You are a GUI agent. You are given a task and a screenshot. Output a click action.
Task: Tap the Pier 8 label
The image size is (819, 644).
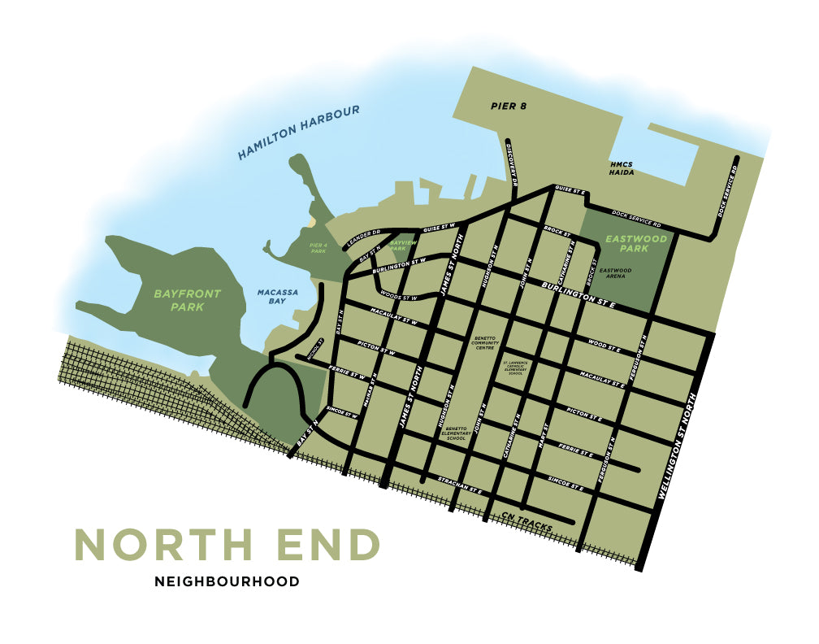tap(509, 106)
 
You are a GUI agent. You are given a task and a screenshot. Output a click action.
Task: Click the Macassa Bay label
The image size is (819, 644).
tap(272, 296)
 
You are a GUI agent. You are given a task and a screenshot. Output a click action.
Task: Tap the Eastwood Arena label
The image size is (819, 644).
tap(615, 274)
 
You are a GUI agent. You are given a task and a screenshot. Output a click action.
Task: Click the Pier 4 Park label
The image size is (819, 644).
tap(317, 247)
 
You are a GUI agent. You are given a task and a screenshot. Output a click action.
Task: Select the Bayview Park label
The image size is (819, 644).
tap(403, 245)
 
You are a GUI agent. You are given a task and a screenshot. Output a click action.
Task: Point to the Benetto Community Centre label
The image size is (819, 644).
tap(483, 341)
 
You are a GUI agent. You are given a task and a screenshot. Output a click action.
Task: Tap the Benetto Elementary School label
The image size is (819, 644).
tap(456, 432)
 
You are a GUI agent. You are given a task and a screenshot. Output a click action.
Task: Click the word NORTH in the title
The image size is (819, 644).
tap(164, 545)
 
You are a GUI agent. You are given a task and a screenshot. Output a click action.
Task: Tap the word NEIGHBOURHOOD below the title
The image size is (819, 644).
tap(227, 581)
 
